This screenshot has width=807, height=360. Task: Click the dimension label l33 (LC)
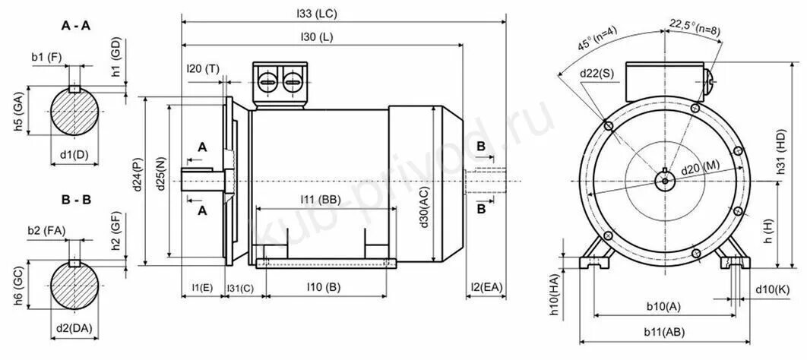point(317,14)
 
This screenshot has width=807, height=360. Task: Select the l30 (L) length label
point(317,36)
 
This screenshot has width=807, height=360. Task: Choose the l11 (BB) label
point(321,200)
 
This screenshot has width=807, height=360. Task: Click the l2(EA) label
point(486,286)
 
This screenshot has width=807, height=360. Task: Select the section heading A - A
point(76,27)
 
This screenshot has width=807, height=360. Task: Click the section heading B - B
point(76,200)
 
